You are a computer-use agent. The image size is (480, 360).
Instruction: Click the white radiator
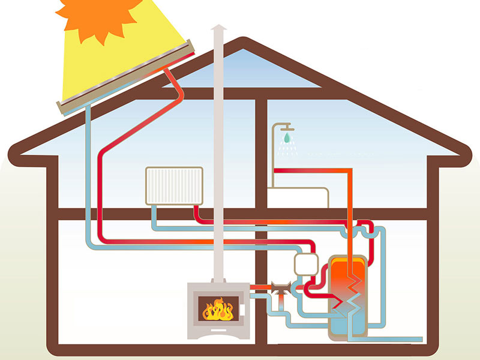tap(174, 186)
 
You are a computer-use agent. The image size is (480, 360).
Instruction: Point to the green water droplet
tap(288, 139)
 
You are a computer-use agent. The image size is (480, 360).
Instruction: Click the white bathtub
tap(298, 197)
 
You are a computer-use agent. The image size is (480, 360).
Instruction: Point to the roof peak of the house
tap(242, 42)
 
